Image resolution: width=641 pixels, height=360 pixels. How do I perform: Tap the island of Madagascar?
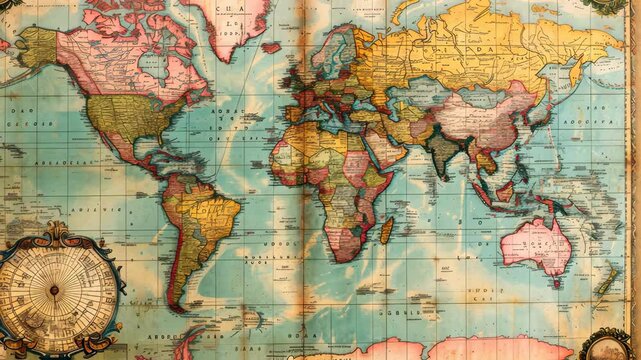386,231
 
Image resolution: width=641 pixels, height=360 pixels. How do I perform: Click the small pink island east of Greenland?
271,46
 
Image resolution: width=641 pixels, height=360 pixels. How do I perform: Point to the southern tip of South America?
177,305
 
